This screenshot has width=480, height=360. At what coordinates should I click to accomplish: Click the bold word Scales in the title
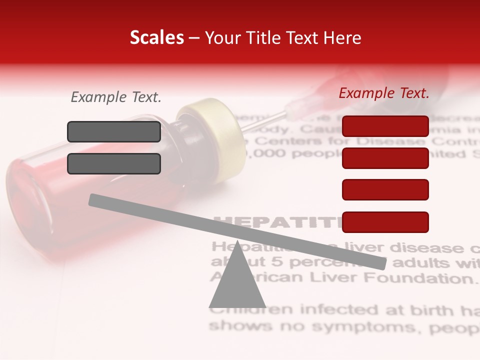coord(156,38)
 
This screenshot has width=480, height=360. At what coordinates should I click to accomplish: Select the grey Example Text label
coord(116,97)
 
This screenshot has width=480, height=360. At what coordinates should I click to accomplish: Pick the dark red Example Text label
coord(384,93)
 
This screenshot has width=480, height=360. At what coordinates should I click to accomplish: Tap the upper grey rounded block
coord(114,131)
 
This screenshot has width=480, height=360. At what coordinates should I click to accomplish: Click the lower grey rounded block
coord(114,163)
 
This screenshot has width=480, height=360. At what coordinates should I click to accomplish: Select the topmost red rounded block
coord(385,126)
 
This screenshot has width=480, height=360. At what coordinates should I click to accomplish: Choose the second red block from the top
coord(385,158)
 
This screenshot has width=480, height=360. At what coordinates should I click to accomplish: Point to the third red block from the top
coord(385,189)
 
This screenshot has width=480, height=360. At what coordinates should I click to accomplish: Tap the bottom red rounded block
coord(385,222)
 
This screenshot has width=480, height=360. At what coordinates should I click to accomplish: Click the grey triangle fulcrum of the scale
coord(237,285)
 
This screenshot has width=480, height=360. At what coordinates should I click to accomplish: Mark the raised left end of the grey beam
coord(93,199)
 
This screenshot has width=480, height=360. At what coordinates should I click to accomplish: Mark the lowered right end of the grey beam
coord(382,262)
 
